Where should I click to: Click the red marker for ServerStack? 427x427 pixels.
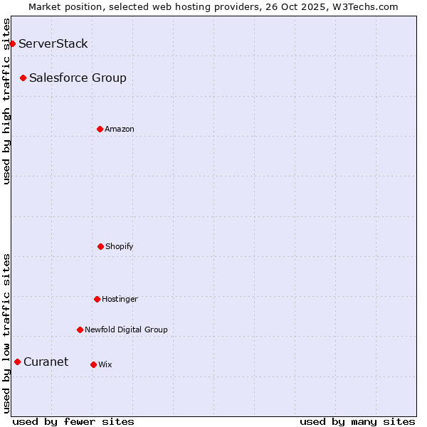point(12,44)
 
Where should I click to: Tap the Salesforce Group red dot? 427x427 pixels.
point(23,78)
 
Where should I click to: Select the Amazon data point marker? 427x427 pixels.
point(100,129)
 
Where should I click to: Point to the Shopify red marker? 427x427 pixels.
point(100,246)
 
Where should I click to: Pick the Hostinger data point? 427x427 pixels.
point(97,299)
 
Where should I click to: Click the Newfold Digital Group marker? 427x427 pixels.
point(80,330)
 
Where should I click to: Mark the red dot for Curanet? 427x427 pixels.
point(17,362)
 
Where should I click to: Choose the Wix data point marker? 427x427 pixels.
point(93,364)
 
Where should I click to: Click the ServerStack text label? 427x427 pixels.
point(53,44)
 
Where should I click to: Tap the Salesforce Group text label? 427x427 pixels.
point(78,78)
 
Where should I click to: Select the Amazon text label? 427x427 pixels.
point(120,130)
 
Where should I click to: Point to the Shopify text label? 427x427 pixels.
point(120,247)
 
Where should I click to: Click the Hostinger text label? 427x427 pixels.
point(120,300)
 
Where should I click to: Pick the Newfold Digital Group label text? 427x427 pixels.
point(126,330)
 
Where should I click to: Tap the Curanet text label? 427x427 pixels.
point(46,362)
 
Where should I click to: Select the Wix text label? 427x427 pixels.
point(105,365)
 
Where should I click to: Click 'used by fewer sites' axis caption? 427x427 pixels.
point(73,421)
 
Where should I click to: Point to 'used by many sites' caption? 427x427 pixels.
point(357,421)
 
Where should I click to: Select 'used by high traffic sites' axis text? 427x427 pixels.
point(7,100)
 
